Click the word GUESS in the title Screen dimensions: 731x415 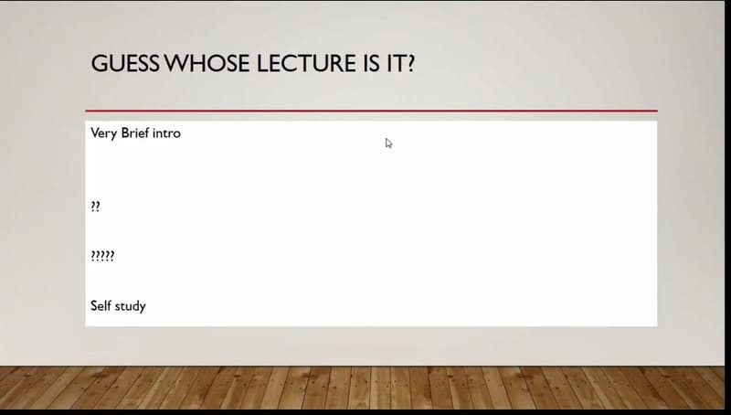pos(125,63)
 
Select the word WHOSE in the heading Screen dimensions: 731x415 pos(208,63)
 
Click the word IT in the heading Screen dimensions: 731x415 pos(396,63)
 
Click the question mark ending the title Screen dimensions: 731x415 pos(409,63)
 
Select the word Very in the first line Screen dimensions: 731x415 pos(103,133)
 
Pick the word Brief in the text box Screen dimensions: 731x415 pos(135,133)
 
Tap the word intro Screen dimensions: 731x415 pos(166,133)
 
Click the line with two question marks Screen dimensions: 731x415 pos(95,207)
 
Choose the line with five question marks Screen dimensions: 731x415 pos(102,256)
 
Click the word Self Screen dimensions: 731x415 pos(100,305)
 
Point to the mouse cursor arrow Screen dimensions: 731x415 pos(389,144)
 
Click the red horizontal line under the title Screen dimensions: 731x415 pos(372,111)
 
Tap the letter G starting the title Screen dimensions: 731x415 pos(99,63)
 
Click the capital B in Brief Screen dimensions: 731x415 pos(125,133)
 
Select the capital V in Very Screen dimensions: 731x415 pos(95,133)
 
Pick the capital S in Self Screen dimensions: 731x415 pos(94,305)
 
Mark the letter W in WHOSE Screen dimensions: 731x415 pos(176,63)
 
